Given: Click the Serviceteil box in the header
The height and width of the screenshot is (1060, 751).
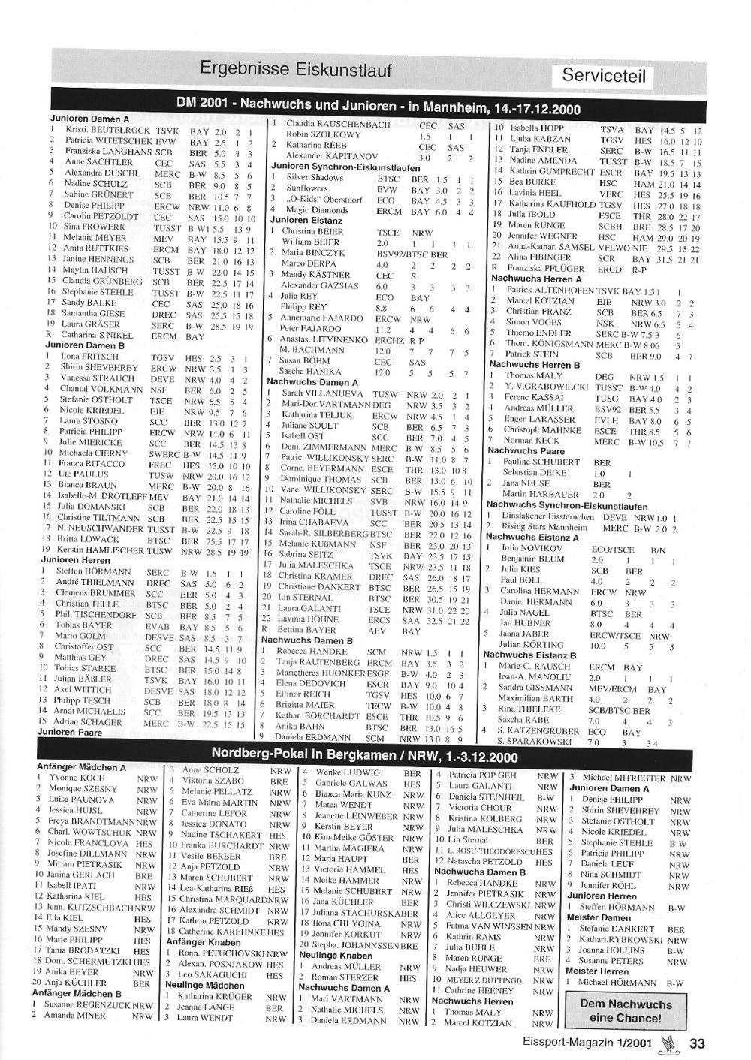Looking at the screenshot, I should tap(603, 75).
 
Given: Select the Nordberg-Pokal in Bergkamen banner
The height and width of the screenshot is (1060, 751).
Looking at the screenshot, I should tap(364, 754).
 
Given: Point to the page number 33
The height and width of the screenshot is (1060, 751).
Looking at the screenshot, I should tap(698, 1043).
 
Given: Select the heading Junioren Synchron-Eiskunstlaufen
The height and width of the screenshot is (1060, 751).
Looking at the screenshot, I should tap(345, 167).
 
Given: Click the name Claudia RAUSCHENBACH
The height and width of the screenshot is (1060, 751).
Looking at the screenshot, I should tap(338, 124).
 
